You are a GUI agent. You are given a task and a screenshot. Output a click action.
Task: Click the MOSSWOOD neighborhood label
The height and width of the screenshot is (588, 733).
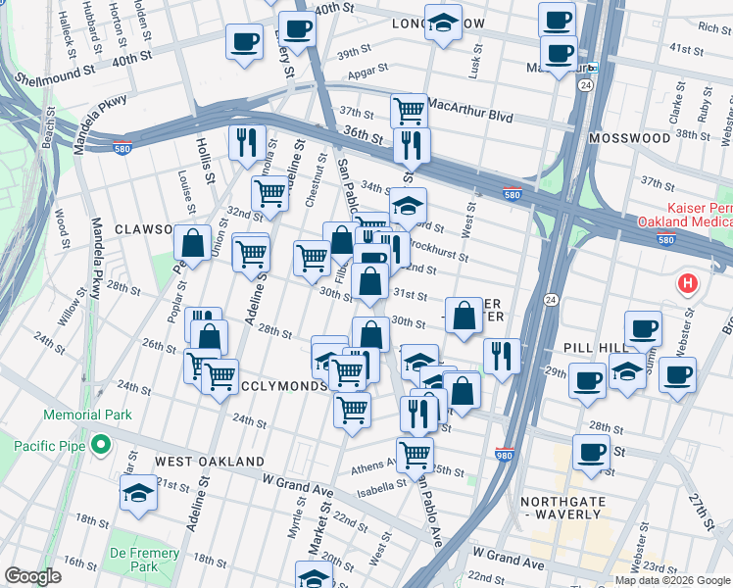629,138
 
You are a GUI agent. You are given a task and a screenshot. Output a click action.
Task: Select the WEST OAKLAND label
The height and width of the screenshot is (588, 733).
209,461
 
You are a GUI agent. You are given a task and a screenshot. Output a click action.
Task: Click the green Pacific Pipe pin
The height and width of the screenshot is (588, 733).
99,447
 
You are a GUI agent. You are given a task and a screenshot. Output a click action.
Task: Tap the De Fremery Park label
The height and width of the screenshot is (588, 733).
144,561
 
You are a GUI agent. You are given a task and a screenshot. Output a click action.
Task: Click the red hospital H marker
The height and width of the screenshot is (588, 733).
688,284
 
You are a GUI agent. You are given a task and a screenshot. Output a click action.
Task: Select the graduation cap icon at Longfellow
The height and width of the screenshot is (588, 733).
443,23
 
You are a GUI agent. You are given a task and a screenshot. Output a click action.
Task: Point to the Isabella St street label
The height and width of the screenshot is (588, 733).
381,485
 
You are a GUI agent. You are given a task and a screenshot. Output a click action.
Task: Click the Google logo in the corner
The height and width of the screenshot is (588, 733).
32,576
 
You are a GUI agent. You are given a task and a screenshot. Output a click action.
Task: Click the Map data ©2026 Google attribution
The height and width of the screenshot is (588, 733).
672,580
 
